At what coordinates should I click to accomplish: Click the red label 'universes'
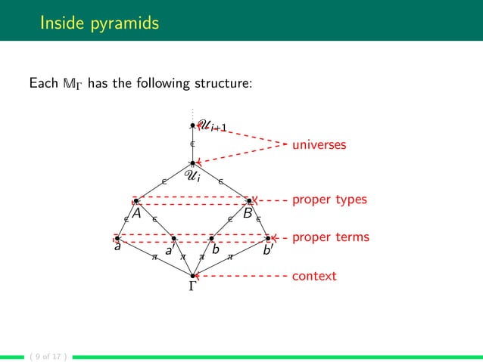(319, 144)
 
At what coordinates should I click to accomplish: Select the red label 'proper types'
(329, 200)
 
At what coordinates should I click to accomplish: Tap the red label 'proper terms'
(331, 237)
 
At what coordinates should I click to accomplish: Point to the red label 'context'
(314, 277)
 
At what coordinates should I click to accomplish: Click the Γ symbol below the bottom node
(193, 288)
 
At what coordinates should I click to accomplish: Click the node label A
(137, 213)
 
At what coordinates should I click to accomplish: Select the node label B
(248, 213)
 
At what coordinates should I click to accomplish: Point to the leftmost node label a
(117, 246)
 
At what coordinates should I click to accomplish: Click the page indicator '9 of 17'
(44, 355)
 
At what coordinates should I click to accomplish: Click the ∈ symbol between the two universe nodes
(192, 143)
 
